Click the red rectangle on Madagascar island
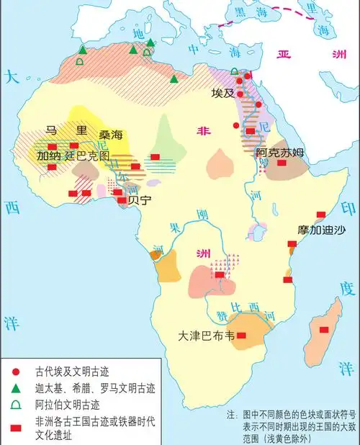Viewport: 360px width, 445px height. (x=324, y=329)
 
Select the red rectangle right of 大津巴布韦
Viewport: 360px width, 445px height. (x=242, y=336)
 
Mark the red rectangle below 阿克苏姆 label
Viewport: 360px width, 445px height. (x=282, y=164)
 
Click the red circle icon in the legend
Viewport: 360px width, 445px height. (x=16, y=372)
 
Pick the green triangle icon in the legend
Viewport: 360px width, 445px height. (x=16, y=388)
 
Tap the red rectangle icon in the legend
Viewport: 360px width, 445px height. (x=16, y=429)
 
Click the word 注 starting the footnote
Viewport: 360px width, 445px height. (x=231, y=415)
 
